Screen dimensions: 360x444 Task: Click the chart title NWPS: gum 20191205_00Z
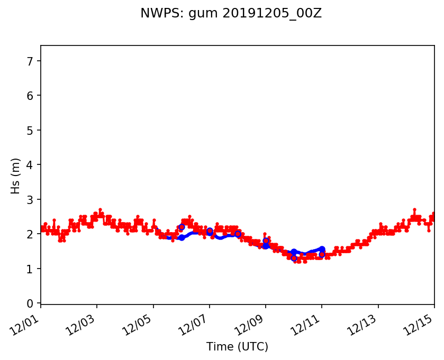(x=231, y=14)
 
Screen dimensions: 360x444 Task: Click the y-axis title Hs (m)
(x=16, y=176)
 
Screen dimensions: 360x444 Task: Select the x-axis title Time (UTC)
(x=237, y=347)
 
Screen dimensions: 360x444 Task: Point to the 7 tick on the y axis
(x=30, y=61)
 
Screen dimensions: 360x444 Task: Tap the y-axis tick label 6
(x=30, y=96)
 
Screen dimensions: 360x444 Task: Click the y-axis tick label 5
(x=30, y=130)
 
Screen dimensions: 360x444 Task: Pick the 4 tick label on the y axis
(x=30, y=165)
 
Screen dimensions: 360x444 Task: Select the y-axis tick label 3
(x=30, y=199)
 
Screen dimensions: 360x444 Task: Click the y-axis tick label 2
(x=30, y=234)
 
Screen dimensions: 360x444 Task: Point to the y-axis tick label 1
(x=30, y=269)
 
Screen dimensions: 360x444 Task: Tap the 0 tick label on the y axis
(x=30, y=303)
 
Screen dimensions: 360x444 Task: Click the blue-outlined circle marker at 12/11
(x=322, y=254)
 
